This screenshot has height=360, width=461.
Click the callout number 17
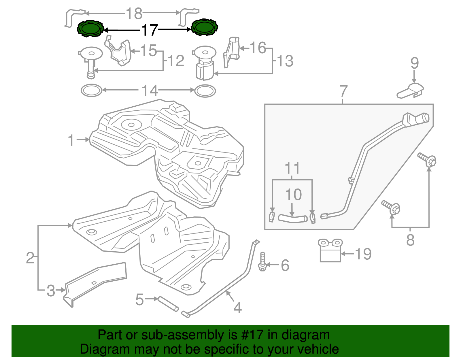149,30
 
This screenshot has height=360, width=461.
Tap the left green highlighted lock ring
90,29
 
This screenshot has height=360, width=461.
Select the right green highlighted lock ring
204,27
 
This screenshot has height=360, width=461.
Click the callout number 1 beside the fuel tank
71,140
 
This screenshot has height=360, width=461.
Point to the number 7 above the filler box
343,91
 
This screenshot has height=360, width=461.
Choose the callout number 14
150,91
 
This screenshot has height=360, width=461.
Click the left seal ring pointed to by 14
91,91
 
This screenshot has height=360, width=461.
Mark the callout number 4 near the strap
237,308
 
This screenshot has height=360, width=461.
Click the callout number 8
410,240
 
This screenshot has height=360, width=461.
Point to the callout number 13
285,61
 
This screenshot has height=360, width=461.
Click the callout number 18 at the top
134,13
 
